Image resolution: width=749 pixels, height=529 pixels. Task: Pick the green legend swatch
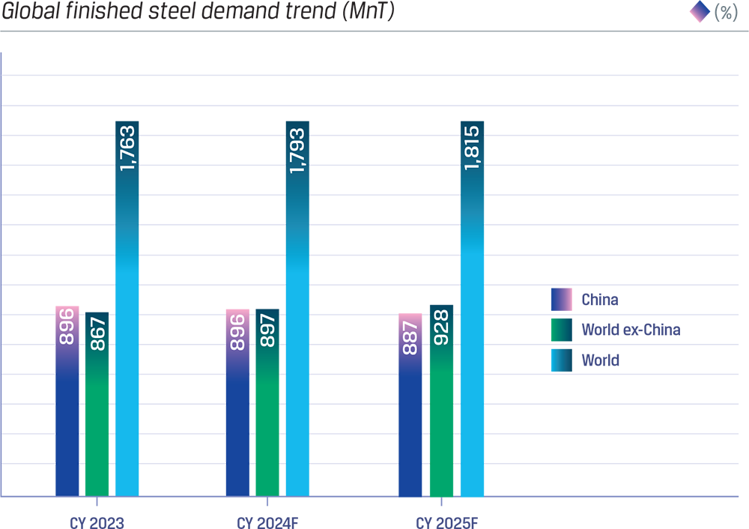click(x=557, y=330)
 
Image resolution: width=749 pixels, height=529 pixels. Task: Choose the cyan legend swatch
click(x=557, y=360)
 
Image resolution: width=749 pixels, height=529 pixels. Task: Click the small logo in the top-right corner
click(x=692, y=12)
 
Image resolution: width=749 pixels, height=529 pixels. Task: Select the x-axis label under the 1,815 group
click(x=442, y=517)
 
